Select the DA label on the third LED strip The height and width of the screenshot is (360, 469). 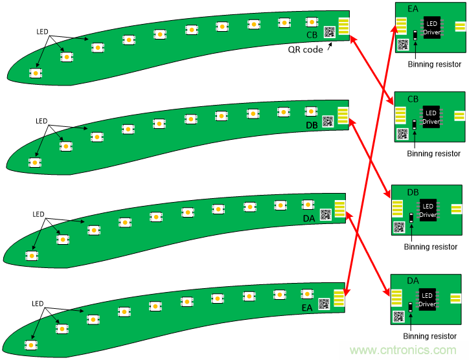(309, 218)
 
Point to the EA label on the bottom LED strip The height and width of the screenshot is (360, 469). (306, 309)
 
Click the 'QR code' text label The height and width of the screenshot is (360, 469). (304, 49)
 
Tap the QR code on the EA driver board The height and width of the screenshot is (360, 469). (403, 45)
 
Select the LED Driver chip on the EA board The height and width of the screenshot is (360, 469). (432, 27)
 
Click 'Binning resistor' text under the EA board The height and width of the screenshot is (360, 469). (434, 64)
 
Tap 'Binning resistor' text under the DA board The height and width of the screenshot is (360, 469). (430, 336)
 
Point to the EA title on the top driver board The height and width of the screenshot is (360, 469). (413, 8)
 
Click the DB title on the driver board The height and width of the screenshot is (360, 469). (413, 193)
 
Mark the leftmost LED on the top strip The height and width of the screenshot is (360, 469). (34, 73)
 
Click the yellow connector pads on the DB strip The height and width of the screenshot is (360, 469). (343, 114)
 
